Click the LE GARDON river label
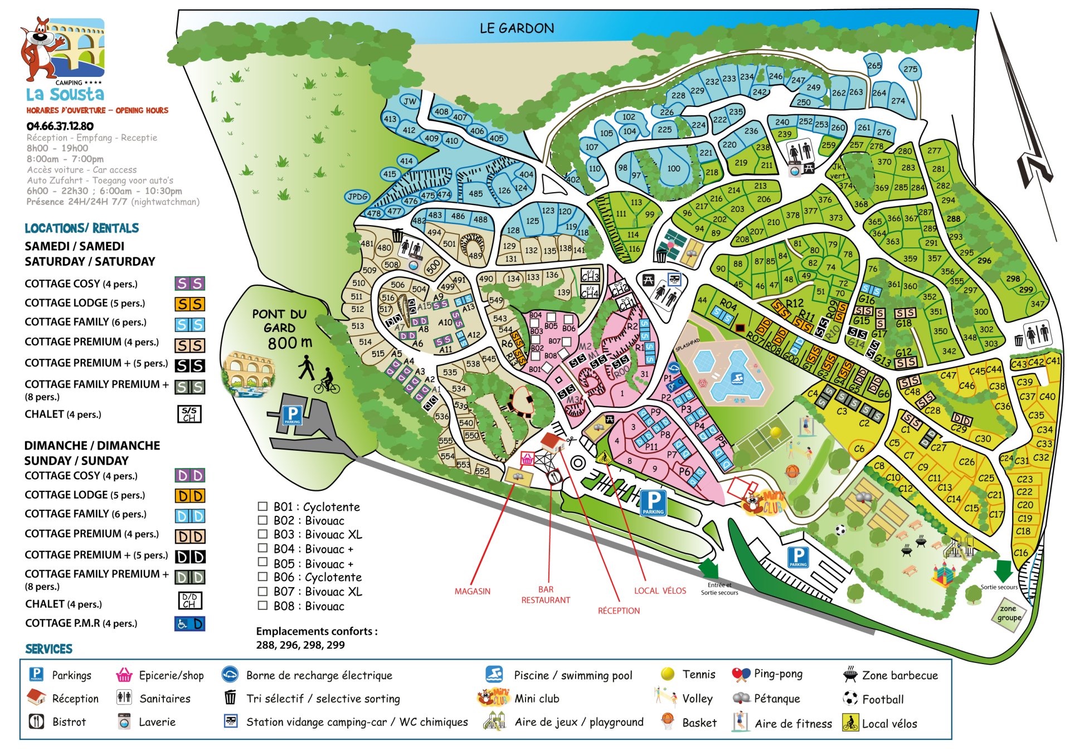pyautogui.click(x=517, y=28)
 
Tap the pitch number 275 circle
pyautogui.click(x=910, y=69)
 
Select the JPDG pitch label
pyautogui.click(x=358, y=197)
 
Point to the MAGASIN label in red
pyautogui.click(x=472, y=591)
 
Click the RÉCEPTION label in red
pyautogui.click(x=619, y=611)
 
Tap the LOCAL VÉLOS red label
pyautogui.click(x=660, y=591)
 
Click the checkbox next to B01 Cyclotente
pyautogui.click(x=262, y=506)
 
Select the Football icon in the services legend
pyautogui.click(x=850, y=698)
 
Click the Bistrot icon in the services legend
pyautogui.click(x=36, y=721)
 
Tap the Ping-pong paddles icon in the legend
pyautogui.click(x=741, y=674)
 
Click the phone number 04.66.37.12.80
pyautogui.click(x=60, y=126)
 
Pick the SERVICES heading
pyautogui.click(x=49, y=649)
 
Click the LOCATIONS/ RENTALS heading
pyautogui.click(x=82, y=228)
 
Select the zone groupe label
pyautogui.click(x=1009, y=613)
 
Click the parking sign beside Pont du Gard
pyautogui.click(x=293, y=414)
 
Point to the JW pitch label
pyautogui.click(x=410, y=101)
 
